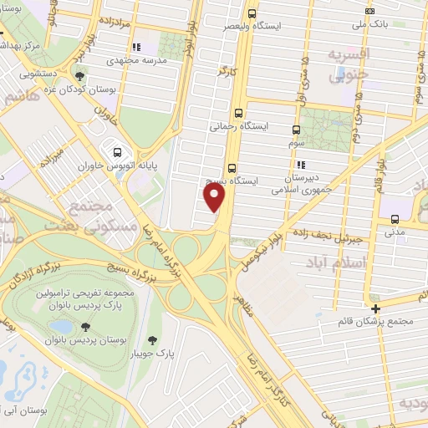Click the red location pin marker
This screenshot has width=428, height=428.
215,197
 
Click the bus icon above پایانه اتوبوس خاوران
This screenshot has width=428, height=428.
117,153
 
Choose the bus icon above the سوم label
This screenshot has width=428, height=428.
296,130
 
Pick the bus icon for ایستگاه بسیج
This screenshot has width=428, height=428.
232,167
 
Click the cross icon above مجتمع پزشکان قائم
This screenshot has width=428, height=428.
376,308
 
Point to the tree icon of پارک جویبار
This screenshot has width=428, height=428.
151,339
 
